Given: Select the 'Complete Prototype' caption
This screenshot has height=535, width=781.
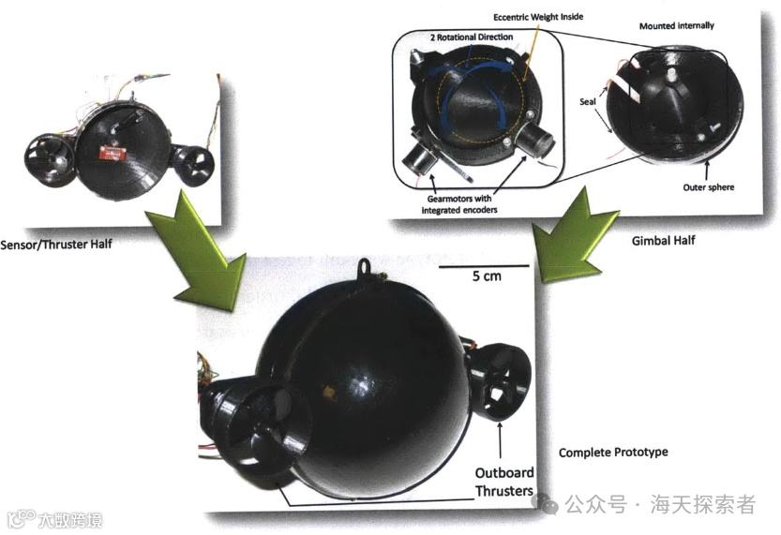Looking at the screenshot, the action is click(613, 453).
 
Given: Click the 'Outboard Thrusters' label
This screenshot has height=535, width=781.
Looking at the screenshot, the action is click(503, 482).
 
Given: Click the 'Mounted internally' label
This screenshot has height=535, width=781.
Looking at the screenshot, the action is click(676, 26).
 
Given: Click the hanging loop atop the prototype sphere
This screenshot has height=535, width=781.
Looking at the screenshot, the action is click(365, 269).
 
